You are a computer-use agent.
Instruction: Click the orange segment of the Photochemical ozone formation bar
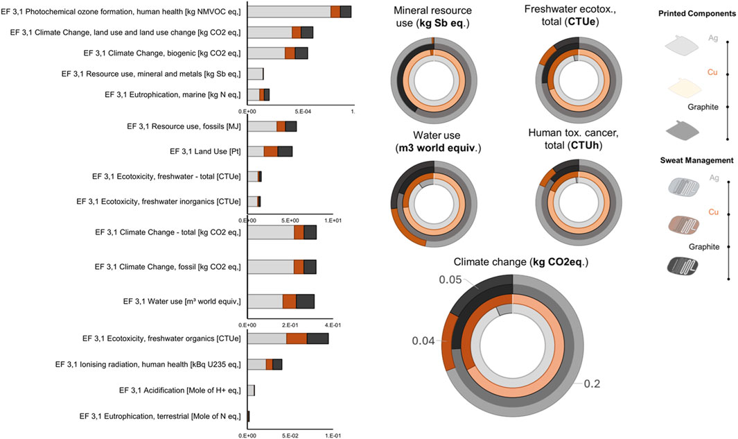[335, 11]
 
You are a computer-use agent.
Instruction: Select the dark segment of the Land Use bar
[285, 151]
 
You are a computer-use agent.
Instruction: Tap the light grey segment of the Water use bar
[265, 301]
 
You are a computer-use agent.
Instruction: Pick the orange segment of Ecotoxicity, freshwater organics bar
[297, 338]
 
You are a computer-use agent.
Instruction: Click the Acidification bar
[251, 390]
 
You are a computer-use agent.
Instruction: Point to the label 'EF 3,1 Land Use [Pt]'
[205, 151]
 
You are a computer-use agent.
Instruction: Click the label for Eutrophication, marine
[173, 94]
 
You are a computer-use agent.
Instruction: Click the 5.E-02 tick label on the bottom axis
[290, 436]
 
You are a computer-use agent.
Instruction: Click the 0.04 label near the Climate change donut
[424, 341]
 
